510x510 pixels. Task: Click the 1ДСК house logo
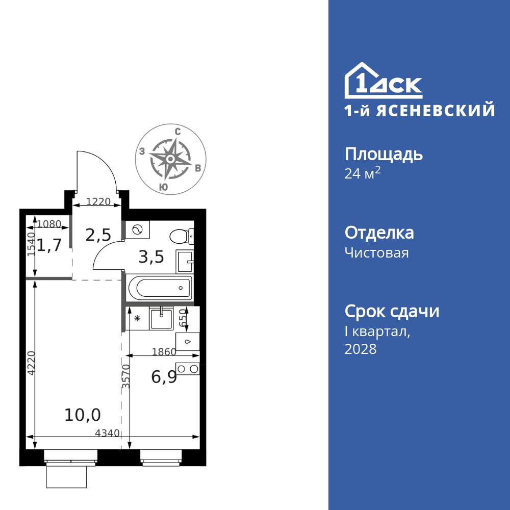383,82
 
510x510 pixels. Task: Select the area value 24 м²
363,174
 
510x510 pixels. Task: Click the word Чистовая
376,252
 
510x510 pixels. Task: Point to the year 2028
361,349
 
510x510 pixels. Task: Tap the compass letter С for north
177,132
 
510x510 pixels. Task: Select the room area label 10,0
83,415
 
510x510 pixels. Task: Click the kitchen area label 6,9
164,377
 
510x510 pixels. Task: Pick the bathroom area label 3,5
151,257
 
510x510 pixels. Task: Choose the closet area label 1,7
49,245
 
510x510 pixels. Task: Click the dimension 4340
107,433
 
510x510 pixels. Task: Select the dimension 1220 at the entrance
98,201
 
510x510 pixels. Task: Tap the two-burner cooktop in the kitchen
187,369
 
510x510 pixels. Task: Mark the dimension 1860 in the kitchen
164,351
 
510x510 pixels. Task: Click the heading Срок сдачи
392,311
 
